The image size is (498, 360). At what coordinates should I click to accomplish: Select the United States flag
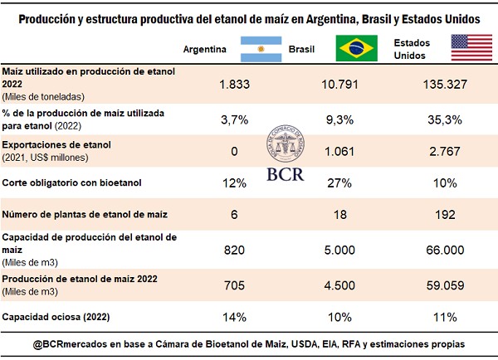click(x=468, y=49)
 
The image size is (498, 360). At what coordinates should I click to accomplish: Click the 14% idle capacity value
click(x=235, y=316)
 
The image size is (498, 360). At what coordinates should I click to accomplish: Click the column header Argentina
click(x=205, y=49)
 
